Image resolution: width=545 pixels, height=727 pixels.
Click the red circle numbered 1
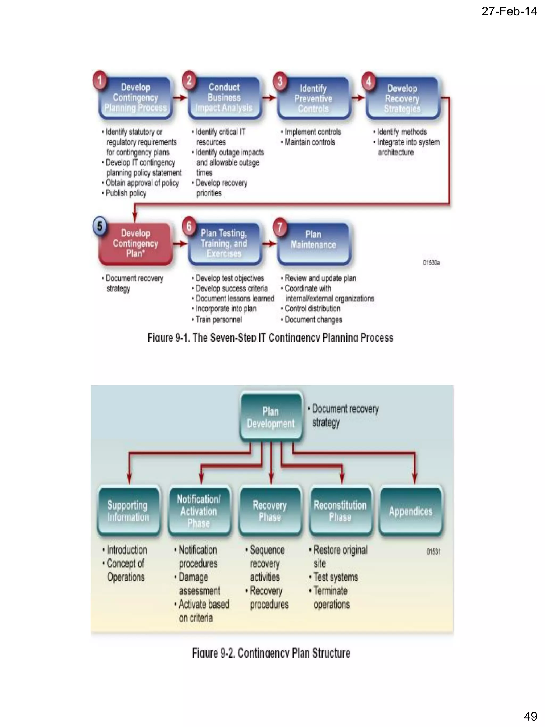point(100,80)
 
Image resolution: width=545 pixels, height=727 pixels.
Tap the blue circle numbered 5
point(100,226)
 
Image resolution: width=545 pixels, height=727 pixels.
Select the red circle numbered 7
point(280,227)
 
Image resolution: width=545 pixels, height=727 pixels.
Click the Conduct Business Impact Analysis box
point(224,98)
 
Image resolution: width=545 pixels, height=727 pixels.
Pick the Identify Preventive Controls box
point(313,98)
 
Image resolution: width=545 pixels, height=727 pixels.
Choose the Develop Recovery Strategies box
point(402,98)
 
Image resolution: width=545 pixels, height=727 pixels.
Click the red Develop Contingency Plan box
point(135,244)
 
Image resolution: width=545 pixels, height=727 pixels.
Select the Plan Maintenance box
point(313,243)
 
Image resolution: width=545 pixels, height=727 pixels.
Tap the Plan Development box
point(271,417)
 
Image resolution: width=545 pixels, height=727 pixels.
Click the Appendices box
point(411,511)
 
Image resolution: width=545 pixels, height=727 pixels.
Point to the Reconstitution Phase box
point(340,511)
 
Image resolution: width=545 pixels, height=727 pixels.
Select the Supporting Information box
point(128,511)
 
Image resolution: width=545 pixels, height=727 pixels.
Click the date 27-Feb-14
point(509,11)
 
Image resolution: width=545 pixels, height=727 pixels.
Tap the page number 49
point(530,716)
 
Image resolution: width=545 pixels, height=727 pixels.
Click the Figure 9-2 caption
point(271,653)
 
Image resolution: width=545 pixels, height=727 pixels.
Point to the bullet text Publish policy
point(126,193)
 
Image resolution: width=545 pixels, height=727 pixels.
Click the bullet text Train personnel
point(218,319)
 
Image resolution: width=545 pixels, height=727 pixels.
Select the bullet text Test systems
point(335,577)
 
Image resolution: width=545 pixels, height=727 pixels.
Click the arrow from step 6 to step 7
point(269,244)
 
